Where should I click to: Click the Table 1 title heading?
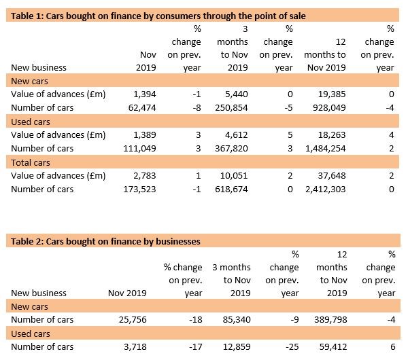tap(158, 16)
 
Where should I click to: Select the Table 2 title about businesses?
tap(105, 242)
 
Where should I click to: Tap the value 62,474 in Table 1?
tap(142, 107)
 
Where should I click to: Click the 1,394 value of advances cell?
tap(145, 94)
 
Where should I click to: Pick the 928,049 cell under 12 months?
tap(329, 107)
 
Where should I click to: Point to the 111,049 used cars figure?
tap(139, 149)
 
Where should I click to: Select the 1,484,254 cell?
tap(326, 149)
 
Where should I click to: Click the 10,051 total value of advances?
tap(234, 176)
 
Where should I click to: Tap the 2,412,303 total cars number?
tap(326, 190)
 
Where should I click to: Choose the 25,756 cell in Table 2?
tap(133, 319)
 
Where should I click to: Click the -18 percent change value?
tap(196, 319)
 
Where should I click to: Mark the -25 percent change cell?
tap(292, 346)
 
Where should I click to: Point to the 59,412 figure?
tap(333, 346)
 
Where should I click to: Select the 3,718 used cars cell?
tap(135, 346)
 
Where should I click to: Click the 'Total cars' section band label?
tap(31, 163)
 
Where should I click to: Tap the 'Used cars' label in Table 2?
tap(31, 334)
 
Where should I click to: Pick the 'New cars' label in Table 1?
tap(29, 81)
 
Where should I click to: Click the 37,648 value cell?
tap(332, 176)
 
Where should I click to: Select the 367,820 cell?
tap(231, 149)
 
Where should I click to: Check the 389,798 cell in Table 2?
tap(330, 319)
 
